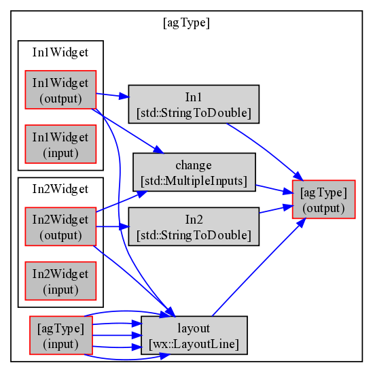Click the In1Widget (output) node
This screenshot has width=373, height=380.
60,90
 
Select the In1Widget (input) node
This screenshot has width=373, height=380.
60,144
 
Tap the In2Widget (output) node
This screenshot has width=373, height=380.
60,226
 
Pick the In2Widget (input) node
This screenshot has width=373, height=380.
60,281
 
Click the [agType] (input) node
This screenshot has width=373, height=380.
61,335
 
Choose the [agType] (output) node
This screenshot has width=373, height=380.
324,199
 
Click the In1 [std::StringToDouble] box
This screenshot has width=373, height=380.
194,104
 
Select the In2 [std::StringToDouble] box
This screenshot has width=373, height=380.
194,226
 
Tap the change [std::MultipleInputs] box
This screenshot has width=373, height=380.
194,172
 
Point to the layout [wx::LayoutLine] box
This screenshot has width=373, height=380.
194,335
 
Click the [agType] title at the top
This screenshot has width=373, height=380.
186,23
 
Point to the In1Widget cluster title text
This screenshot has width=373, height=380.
60,52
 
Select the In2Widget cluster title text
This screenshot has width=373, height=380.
60,189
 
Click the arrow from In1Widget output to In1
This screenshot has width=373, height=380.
113,95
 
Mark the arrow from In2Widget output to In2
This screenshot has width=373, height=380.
113,227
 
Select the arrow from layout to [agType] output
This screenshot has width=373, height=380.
259,267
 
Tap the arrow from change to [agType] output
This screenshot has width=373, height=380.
274,190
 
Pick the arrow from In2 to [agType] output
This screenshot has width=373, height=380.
277,209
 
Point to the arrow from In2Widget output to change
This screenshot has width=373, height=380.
122,202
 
